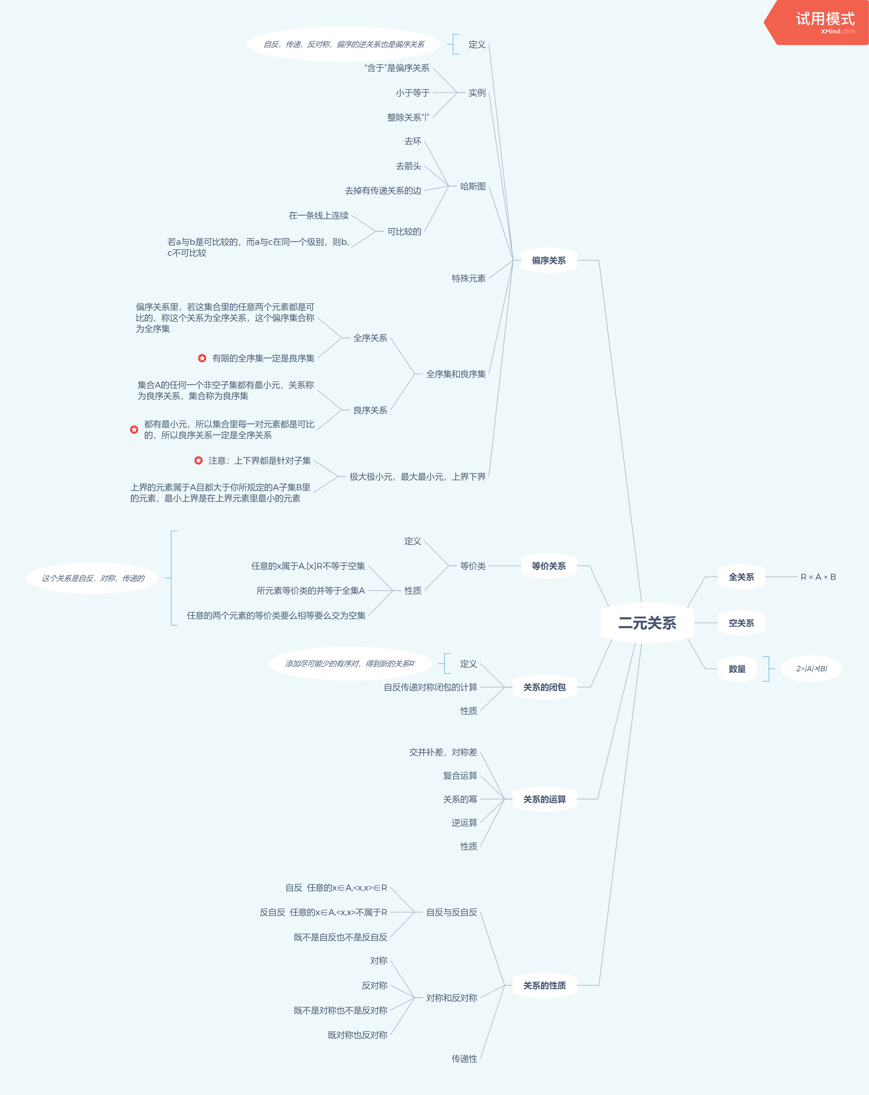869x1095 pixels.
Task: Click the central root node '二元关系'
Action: (x=647, y=623)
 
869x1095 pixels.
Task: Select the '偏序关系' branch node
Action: (x=549, y=261)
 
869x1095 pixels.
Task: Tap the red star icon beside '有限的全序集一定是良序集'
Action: (x=202, y=358)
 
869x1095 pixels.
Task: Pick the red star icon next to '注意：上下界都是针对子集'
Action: (x=199, y=460)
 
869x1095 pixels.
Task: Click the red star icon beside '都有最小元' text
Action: (x=134, y=430)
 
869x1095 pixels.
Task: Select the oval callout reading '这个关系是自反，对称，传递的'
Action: (x=93, y=578)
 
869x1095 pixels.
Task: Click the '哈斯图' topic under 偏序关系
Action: (x=473, y=186)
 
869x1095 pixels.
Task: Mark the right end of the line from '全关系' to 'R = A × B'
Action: (x=797, y=577)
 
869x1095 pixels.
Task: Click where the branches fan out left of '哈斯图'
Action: (x=449, y=186)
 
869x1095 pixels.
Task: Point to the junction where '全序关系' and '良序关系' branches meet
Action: (x=415, y=374)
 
